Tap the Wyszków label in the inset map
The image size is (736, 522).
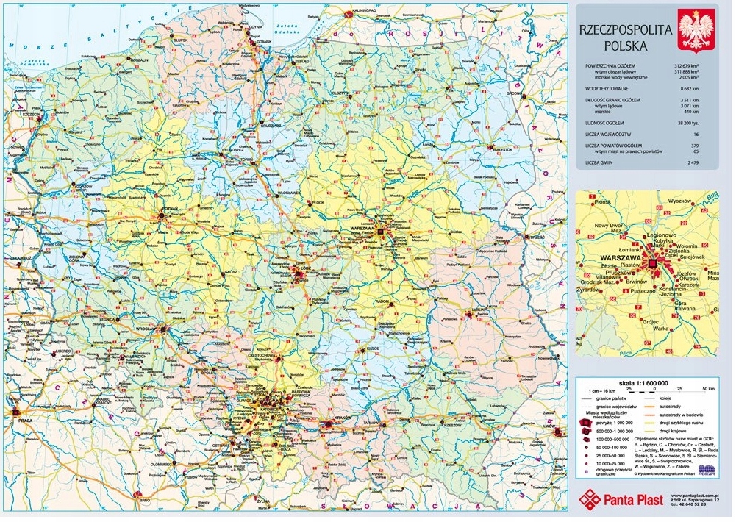[681, 201]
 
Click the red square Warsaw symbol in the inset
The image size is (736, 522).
[652, 262]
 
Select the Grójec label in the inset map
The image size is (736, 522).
[649, 321]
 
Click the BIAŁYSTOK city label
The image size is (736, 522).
[501, 149]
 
